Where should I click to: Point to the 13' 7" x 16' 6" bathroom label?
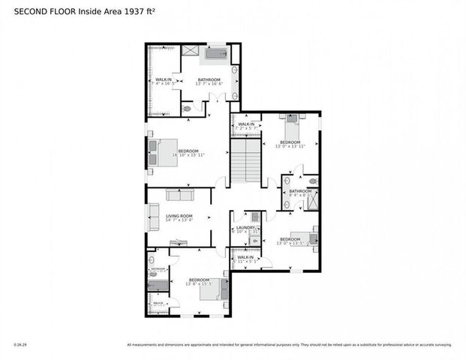tap(209, 82)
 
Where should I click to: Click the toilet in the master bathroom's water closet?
tap(188, 109)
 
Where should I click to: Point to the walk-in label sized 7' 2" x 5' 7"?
tap(246, 126)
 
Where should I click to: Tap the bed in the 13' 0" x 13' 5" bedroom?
tap(308, 238)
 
